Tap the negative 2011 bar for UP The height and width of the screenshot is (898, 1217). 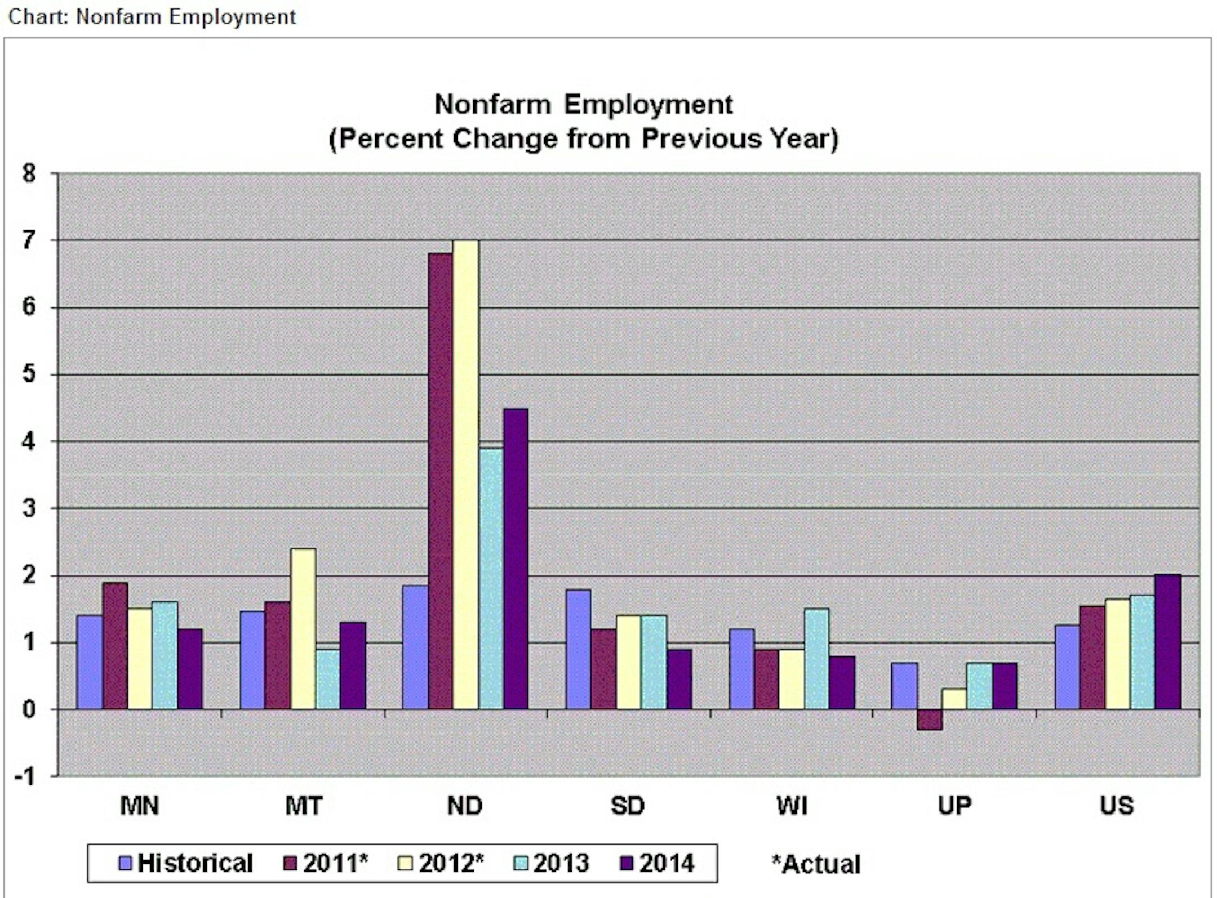929,719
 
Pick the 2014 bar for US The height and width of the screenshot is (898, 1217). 1167,641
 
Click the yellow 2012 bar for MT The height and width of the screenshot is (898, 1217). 303,628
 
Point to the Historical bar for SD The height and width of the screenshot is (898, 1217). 578,649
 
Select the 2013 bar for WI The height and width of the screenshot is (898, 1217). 816,658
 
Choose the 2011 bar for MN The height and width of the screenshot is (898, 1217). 115,645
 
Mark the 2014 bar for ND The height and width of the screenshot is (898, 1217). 516,558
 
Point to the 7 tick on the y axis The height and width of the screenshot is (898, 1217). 29,241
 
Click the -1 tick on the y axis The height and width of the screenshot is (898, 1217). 25,776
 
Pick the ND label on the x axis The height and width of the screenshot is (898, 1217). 465,806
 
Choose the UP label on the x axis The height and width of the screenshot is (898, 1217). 954,806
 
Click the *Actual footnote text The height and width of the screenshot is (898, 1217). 816,864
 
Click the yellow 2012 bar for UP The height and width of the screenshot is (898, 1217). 954,698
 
